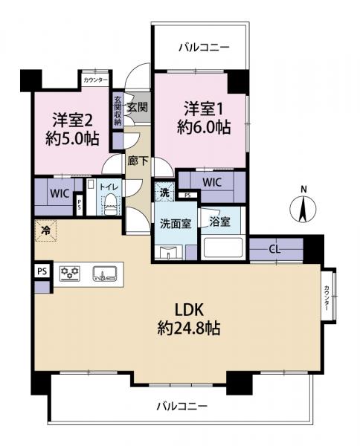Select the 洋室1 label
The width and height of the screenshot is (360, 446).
(x=204, y=108)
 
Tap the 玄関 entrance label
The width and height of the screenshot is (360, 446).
(x=136, y=107)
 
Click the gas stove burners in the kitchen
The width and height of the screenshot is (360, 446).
(x=70, y=273)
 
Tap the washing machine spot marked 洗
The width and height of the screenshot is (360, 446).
(x=164, y=192)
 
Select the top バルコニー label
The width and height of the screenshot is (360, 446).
(x=203, y=48)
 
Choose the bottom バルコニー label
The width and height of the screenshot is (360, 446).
(x=181, y=406)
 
